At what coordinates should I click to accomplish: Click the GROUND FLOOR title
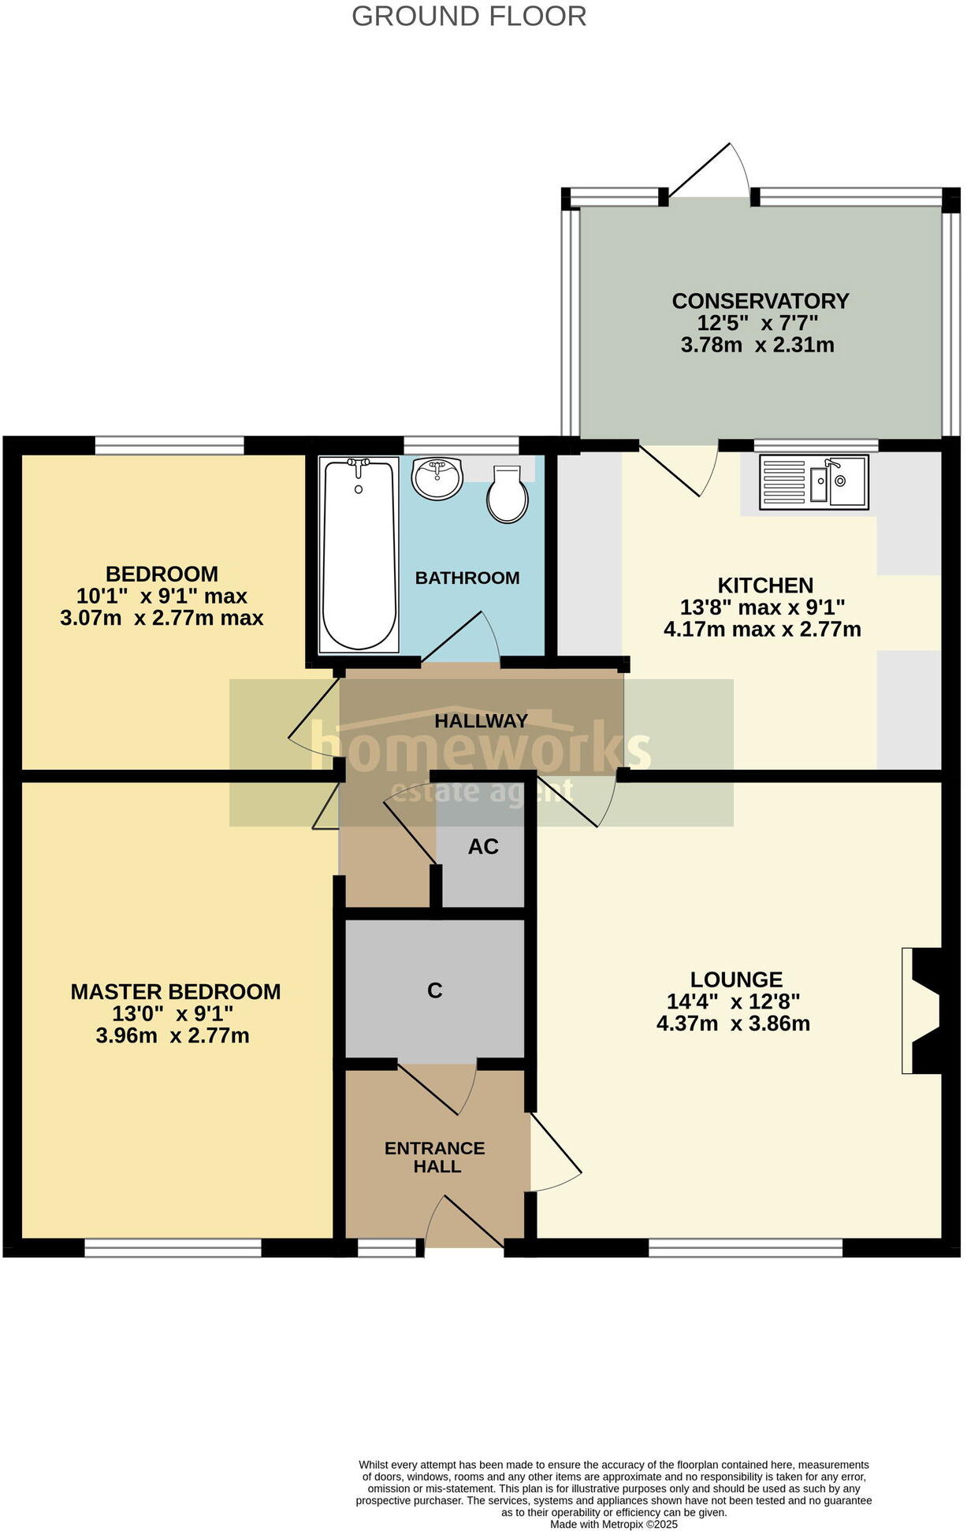pyautogui.click(x=469, y=17)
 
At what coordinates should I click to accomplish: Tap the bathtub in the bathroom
pyautogui.click(x=359, y=555)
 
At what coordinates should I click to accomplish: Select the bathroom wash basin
pyautogui.click(x=437, y=478)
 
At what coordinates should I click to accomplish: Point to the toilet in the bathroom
pyautogui.click(x=507, y=495)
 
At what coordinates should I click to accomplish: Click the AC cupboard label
pyautogui.click(x=483, y=847)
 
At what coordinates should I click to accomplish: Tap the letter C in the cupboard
pyautogui.click(x=435, y=990)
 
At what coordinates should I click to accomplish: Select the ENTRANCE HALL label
pyautogui.click(x=435, y=1158)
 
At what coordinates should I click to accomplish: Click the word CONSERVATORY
pyautogui.click(x=761, y=301)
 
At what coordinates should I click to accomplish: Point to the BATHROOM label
pyautogui.click(x=467, y=578)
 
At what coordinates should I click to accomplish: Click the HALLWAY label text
pyautogui.click(x=481, y=721)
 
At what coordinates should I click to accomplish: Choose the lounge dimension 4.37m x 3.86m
pyautogui.click(x=733, y=1024)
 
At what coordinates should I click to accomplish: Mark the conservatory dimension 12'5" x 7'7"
pyautogui.click(x=757, y=323)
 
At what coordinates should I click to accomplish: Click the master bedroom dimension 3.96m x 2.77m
pyautogui.click(x=173, y=1035)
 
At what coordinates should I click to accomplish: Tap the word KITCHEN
pyautogui.click(x=765, y=585)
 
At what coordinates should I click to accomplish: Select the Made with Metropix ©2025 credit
pyautogui.click(x=614, y=1524)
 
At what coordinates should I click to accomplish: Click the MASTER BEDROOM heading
pyautogui.click(x=176, y=992)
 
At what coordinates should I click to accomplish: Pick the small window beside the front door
pyautogui.click(x=387, y=1247)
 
